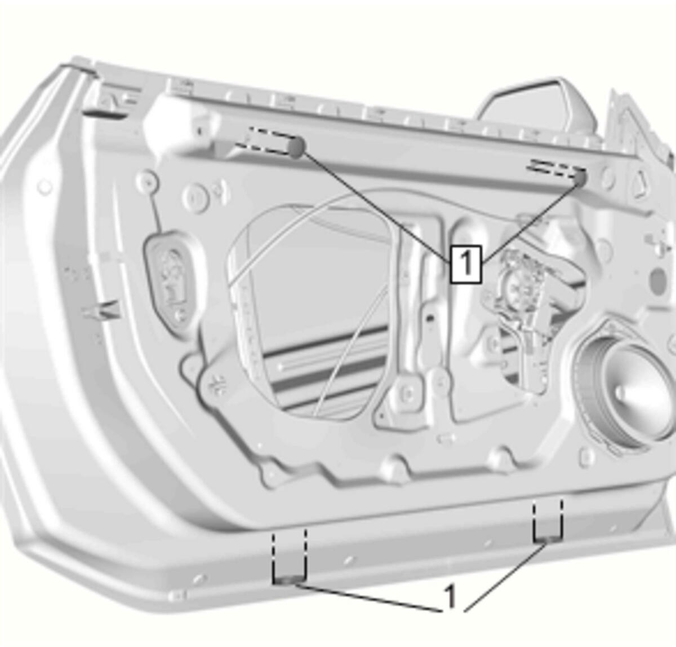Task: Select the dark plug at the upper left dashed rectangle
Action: pyautogui.click(x=296, y=147)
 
